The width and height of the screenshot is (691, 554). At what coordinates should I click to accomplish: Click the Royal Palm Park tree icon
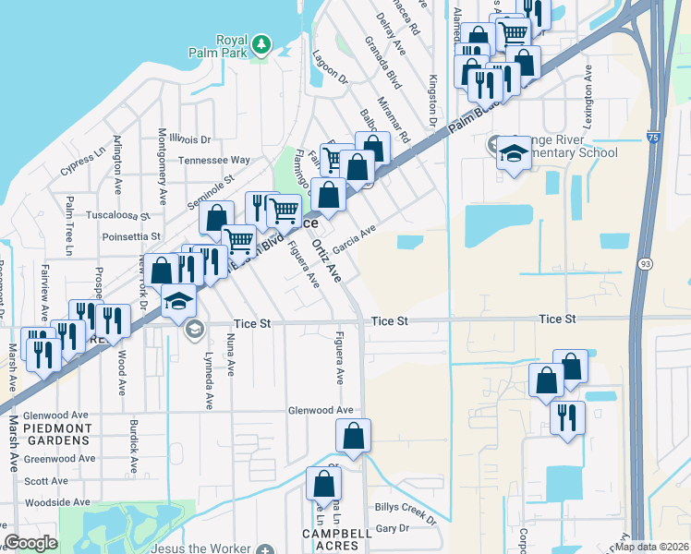point(262,42)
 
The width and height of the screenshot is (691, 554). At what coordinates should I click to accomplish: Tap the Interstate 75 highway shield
point(654,138)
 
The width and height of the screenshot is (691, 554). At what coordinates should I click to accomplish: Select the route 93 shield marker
point(643,264)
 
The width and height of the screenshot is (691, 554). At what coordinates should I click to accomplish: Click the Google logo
point(30,543)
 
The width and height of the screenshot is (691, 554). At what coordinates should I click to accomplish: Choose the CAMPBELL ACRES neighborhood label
point(336,540)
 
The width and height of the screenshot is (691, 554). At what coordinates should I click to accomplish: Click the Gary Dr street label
point(392,528)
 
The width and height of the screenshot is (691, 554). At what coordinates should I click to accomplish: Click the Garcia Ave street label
point(355,240)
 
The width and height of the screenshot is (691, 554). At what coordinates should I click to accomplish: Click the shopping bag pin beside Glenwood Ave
point(353,435)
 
